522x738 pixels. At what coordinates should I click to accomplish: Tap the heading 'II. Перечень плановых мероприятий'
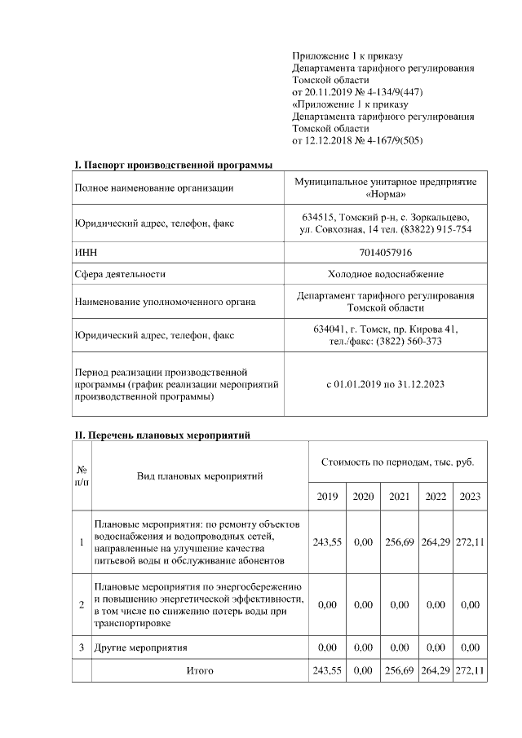click(161, 435)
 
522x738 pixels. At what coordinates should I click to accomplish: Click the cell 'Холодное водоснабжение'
click(385, 275)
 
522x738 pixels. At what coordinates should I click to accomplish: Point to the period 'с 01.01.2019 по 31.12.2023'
click(385, 383)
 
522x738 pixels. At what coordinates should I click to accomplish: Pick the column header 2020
click(363, 497)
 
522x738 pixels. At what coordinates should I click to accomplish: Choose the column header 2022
click(436, 497)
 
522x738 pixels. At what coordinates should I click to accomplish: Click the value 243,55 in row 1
click(326, 541)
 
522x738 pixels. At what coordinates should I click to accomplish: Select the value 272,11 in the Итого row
click(470, 670)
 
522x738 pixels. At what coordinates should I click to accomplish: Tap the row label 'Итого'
click(200, 670)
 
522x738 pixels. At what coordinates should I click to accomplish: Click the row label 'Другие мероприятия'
click(141, 647)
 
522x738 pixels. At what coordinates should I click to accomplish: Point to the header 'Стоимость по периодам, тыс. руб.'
click(397, 462)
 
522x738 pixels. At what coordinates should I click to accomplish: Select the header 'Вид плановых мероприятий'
click(199, 475)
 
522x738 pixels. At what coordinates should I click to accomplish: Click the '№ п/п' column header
click(81, 475)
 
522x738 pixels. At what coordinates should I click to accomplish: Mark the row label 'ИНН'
click(86, 254)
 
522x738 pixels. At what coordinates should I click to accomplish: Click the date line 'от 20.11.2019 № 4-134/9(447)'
click(357, 92)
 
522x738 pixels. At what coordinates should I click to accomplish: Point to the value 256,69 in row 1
click(400, 541)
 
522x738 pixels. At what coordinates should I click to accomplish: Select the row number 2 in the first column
click(81, 605)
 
